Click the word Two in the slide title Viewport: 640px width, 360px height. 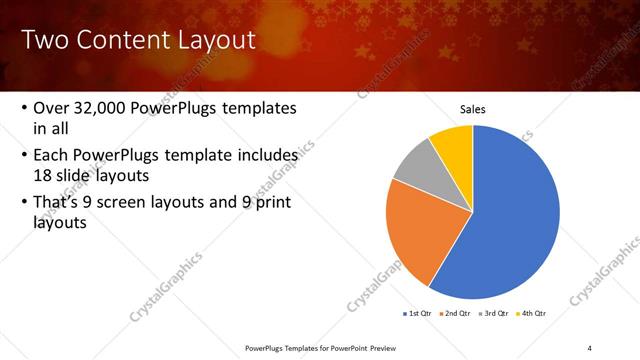coord(45,40)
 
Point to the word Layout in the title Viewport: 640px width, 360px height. coord(214,40)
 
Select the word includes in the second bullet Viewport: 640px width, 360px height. coord(263,156)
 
